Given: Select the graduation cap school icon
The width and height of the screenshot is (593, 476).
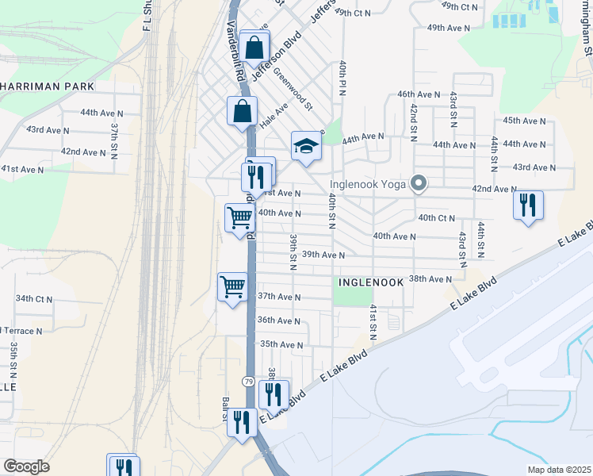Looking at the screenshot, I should [x=306, y=146].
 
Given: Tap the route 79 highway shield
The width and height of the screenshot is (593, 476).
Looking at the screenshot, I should [x=249, y=382].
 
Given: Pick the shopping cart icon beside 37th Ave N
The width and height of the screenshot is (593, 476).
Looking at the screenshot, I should [x=232, y=286].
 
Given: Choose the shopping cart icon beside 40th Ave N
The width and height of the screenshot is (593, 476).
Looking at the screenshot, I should [x=239, y=217].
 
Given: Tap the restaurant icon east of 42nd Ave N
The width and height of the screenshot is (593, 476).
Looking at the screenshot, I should [x=527, y=205].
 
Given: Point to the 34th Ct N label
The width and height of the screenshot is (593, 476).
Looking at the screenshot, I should [x=34, y=298].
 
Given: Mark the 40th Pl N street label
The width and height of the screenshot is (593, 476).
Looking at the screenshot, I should [x=342, y=77].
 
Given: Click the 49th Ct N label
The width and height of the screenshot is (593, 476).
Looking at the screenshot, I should [x=353, y=12].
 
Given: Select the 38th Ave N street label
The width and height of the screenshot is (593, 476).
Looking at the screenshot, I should [x=430, y=279].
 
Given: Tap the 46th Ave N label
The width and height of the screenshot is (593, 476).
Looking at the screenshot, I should [x=419, y=94].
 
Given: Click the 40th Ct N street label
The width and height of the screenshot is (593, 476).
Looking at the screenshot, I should [x=436, y=217].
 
